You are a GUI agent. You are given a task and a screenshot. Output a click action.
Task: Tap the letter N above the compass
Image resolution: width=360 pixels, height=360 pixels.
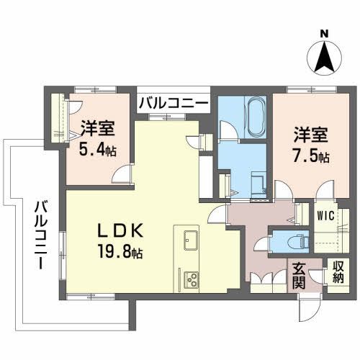[x=324, y=33]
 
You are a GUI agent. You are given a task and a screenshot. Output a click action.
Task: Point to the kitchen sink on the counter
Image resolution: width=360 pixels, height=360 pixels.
[x=190, y=240]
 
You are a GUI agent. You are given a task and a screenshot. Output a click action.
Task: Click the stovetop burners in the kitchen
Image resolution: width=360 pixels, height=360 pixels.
[x=192, y=277]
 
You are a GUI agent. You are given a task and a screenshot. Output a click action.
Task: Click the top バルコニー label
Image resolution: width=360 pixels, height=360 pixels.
[x=174, y=104]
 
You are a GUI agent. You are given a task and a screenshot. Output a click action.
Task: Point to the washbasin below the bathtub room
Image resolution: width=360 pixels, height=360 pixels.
[x=256, y=179]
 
